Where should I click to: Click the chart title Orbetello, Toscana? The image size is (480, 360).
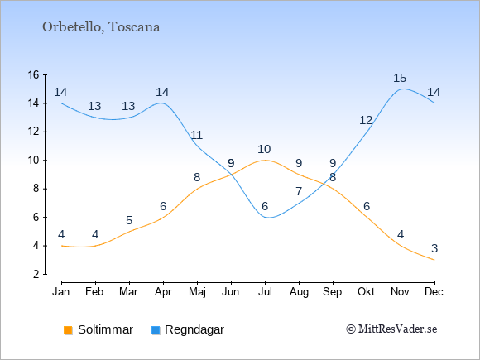click(x=101, y=27)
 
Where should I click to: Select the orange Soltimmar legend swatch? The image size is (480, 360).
click(x=68, y=330)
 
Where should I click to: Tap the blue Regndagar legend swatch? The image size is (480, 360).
click(x=156, y=330)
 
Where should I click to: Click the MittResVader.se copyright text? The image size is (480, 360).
click(x=391, y=329)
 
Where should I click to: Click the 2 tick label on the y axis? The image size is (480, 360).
click(x=36, y=274)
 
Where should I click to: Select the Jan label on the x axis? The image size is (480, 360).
click(x=61, y=292)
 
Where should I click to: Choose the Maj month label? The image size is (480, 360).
click(x=197, y=292)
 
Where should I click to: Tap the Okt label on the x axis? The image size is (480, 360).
click(x=366, y=292)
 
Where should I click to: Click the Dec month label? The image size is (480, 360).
click(x=434, y=292)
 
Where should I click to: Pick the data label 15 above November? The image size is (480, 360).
click(x=400, y=78)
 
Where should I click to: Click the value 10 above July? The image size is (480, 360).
click(x=264, y=150)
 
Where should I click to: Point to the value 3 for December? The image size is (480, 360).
click(x=434, y=248)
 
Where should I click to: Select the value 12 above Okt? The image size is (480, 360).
click(x=366, y=121)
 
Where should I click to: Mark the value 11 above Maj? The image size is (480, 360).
click(x=196, y=135)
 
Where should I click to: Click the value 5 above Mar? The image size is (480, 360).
click(x=129, y=220)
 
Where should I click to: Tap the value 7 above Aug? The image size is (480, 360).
click(x=299, y=192)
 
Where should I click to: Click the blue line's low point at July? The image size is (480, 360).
click(x=268, y=218)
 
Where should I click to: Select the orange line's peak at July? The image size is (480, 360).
click(x=265, y=160)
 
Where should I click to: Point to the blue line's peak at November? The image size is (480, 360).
click(x=401, y=89)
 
